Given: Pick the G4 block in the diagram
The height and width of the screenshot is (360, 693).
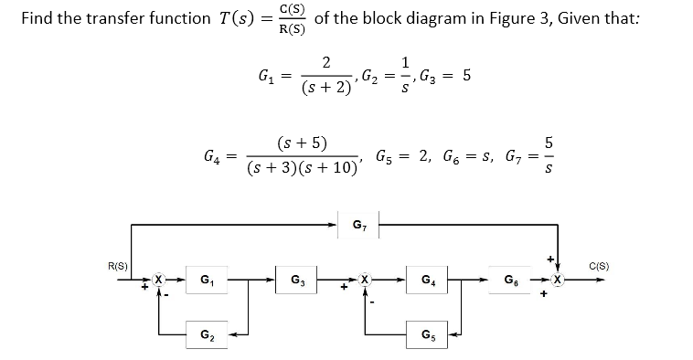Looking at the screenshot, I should point(428,279).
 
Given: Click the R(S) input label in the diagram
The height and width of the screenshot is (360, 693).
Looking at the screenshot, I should point(117,266).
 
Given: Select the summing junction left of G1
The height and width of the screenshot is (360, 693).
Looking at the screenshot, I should point(159,279).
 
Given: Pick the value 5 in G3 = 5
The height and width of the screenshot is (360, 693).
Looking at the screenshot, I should point(466,77).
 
